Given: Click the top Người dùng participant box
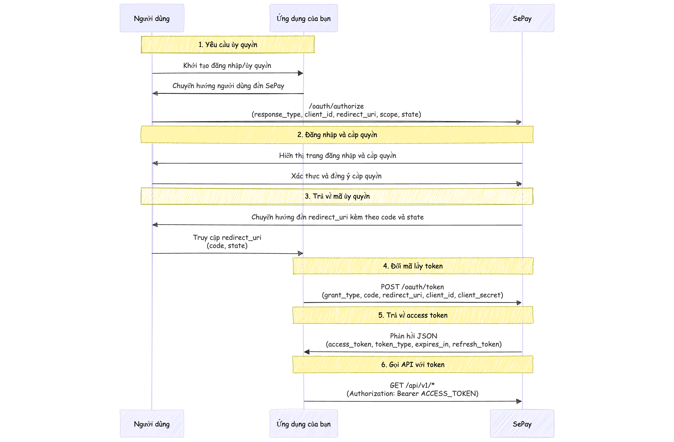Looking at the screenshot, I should pos(152,18).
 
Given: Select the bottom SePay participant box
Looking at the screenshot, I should pos(522,424).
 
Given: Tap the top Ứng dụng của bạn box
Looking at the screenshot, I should pos(303,18).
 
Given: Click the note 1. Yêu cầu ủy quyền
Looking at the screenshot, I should pos(228,45).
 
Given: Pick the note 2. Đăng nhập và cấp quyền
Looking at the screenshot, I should pos(337,135).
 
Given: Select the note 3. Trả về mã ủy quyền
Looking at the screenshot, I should pos(337,196).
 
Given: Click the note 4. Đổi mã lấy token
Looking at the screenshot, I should pos(413,266).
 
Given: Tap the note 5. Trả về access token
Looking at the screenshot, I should pos(413,315).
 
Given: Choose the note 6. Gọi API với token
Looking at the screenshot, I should pos(413,364).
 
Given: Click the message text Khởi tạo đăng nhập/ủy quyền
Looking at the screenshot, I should pos(227,66).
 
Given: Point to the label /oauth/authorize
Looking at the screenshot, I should pos(336,106).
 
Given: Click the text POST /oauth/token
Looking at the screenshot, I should pos(412,287).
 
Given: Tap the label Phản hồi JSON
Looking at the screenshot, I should pos(413,336).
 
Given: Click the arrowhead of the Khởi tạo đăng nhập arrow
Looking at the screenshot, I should pos(300,73).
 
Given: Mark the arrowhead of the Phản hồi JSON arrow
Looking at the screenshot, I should pos(307,352).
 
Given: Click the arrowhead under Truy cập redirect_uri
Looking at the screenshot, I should pos(300,253).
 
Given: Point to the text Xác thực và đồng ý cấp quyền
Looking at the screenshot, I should pos(336,176).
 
